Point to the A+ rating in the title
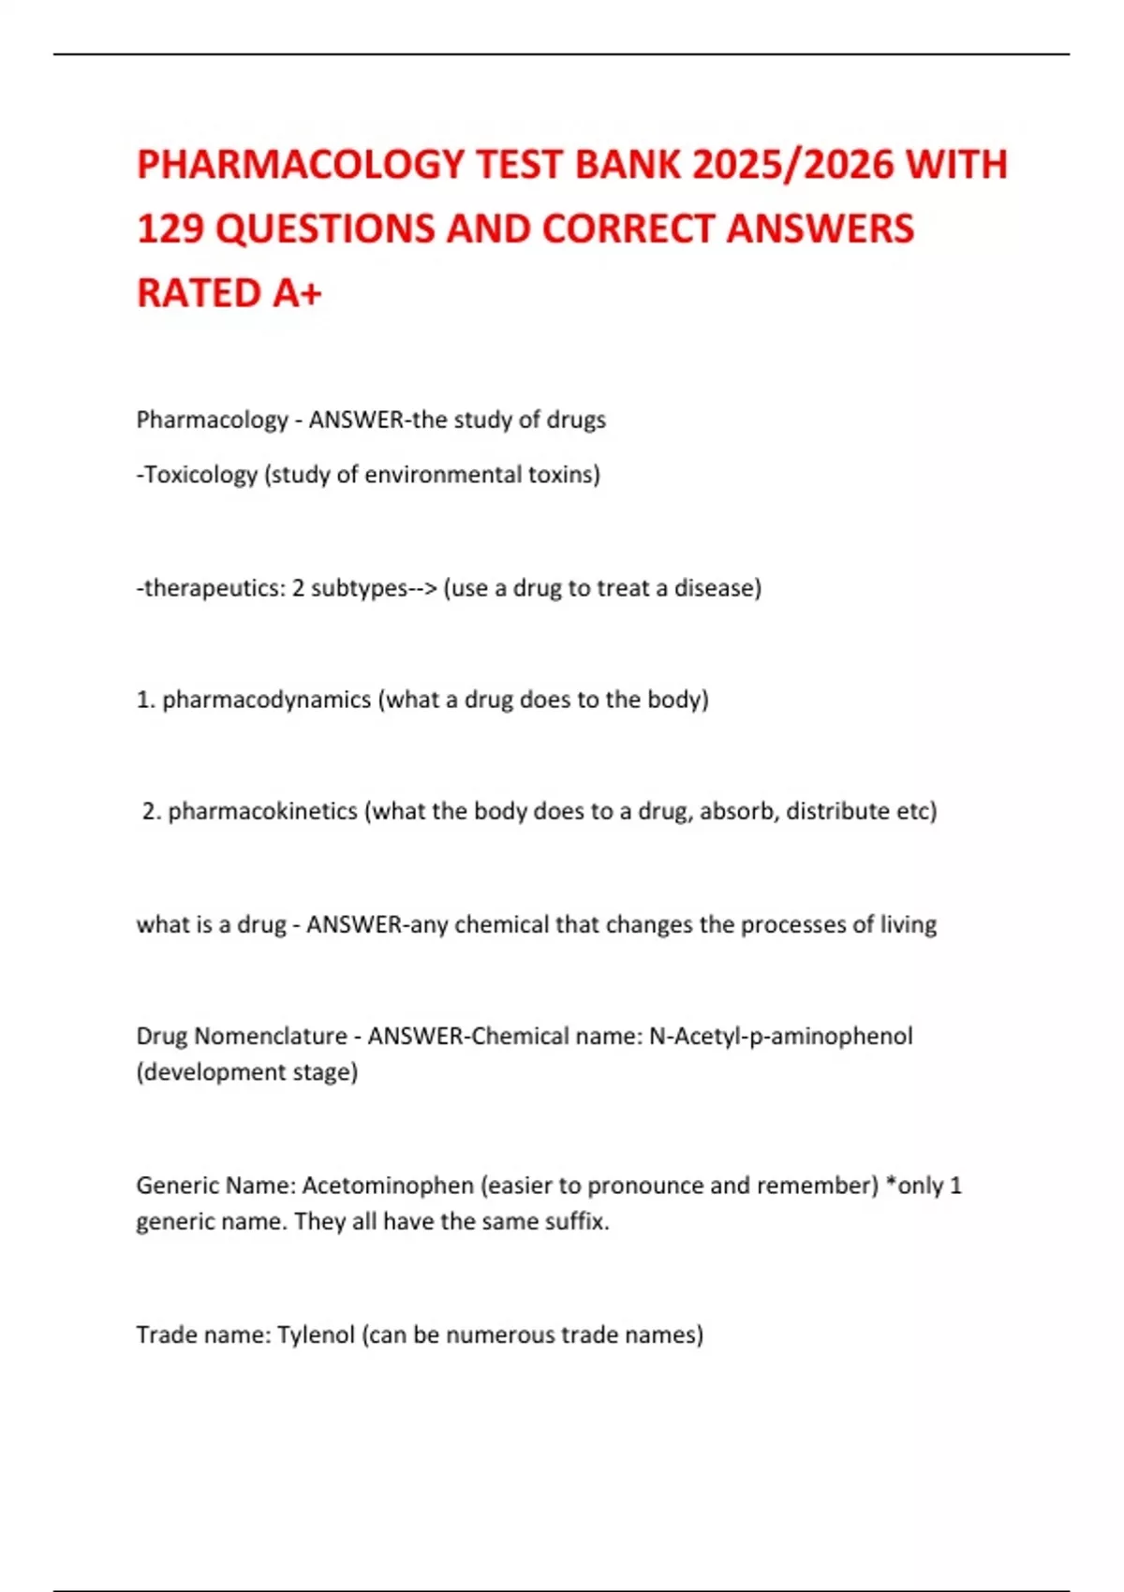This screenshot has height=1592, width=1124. point(298,293)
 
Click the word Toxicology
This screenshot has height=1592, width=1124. point(200,475)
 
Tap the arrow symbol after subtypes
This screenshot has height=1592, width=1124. point(423,588)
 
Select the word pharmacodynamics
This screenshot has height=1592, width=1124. point(266,700)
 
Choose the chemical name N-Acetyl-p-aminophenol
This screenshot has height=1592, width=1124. point(780,1037)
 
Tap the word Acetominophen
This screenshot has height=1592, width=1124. point(388,1186)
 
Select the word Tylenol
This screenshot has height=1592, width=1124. point(315,1334)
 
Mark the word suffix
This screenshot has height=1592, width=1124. point(580,1222)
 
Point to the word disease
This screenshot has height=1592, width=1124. point(717,588)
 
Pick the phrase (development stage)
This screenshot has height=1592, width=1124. point(247,1072)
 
